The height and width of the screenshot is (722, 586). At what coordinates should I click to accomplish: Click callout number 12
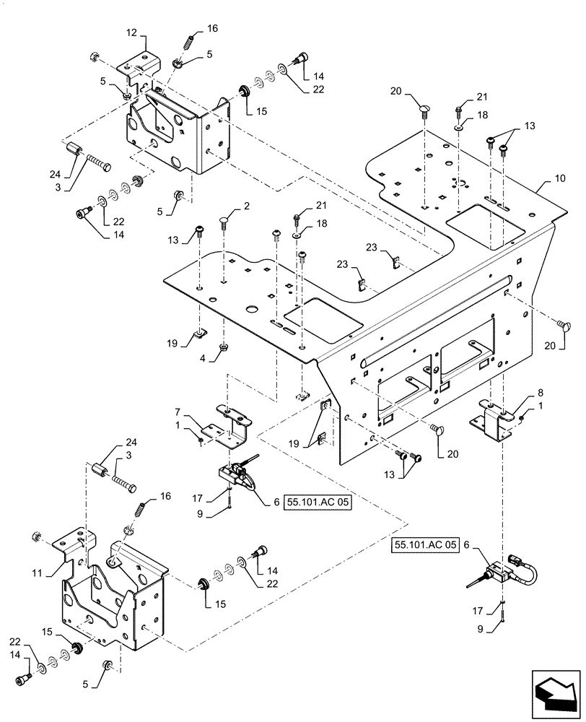pos(131,34)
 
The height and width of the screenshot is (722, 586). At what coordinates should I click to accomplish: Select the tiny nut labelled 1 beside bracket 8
pos(521,417)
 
